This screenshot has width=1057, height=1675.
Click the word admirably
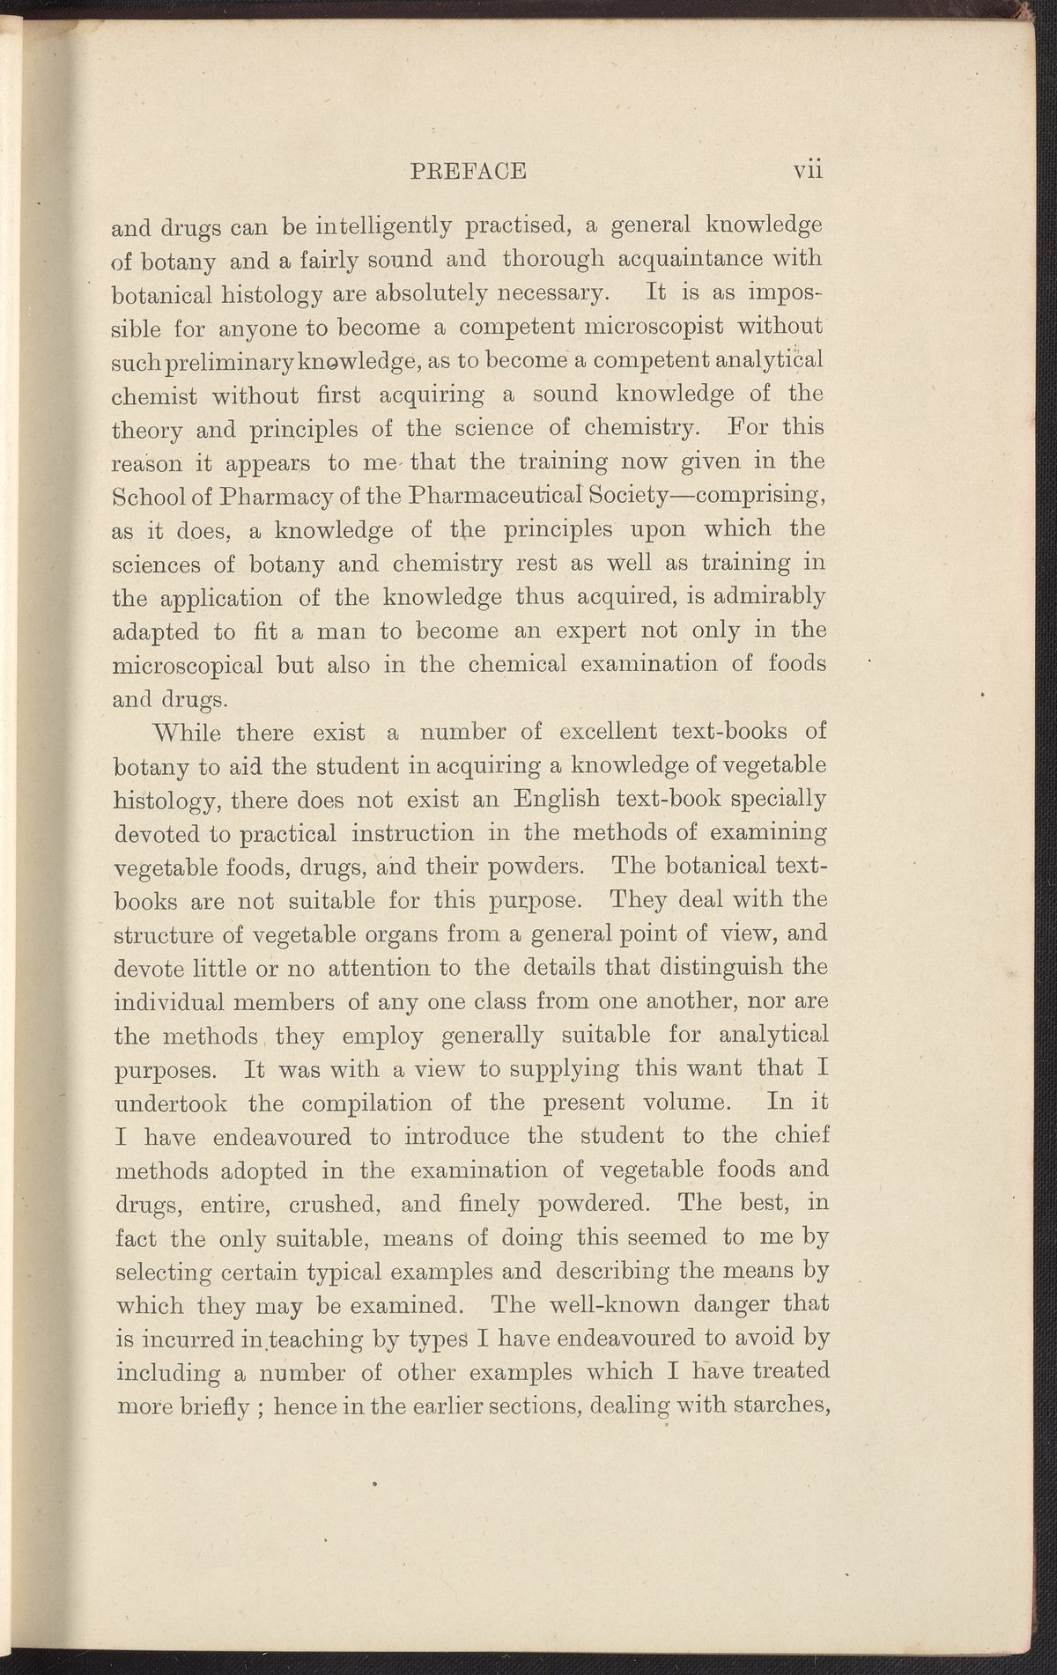coord(764,599)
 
